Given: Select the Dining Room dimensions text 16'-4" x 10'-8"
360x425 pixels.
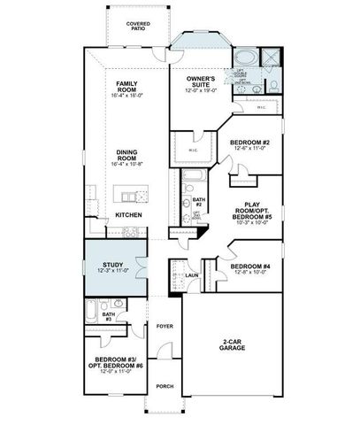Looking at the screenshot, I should [x=128, y=165].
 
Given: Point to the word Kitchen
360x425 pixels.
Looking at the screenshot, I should [x=128, y=216].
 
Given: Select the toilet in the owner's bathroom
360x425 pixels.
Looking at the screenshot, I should [x=273, y=86].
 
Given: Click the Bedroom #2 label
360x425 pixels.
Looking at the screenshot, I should [x=249, y=144].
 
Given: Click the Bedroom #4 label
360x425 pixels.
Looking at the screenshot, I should [x=249, y=268].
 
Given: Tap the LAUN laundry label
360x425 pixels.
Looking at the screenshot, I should [x=190, y=275].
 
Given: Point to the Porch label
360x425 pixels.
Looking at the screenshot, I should [x=165, y=386].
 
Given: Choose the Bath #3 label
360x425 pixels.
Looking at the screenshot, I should [x=107, y=316].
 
